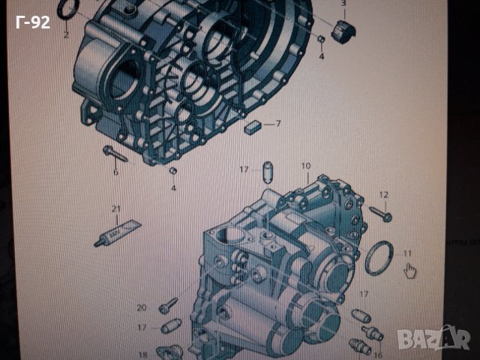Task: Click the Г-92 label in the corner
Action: [31, 22]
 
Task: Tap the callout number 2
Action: [66, 35]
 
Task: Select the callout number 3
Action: [344, 4]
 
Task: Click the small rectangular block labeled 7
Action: [252, 126]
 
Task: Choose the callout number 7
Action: [277, 124]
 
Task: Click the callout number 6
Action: [115, 172]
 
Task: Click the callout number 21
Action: [115, 208]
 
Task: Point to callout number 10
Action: [305, 166]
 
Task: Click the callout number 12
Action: [383, 195]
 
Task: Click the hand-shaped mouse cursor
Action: [409, 270]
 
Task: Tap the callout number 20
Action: [142, 307]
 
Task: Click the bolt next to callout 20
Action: [168, 305]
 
